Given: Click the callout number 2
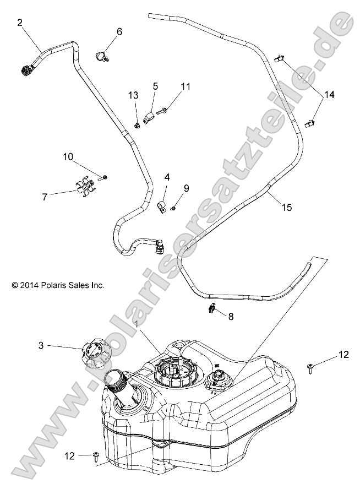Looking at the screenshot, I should coord(20,23).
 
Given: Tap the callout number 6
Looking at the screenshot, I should coord(119,31).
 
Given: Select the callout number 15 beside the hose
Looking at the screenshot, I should coord(286,208).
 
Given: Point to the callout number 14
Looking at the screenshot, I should coord(329,95).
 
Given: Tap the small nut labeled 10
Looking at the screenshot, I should coord(105,177).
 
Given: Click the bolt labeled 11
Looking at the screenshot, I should coord(162,112).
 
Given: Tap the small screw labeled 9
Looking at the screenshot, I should coord(174,208).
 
